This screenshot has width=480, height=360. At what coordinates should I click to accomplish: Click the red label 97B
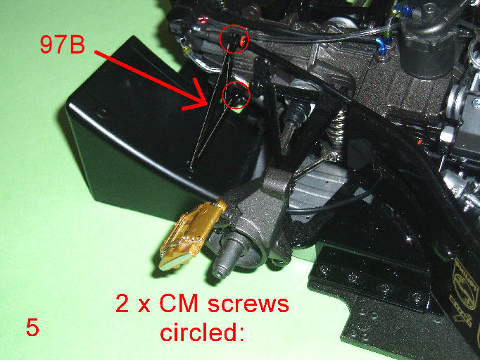point(62,44)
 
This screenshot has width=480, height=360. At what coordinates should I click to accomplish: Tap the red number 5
point(32,327)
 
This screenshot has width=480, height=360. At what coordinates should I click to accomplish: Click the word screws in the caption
point(248,304)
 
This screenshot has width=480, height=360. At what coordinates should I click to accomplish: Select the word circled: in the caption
point(203,332)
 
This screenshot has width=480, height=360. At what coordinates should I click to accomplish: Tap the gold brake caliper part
point(193,233)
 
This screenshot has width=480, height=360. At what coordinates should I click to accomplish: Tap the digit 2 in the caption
point(122,304)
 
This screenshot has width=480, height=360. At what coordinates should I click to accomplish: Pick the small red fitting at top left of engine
point(202,20)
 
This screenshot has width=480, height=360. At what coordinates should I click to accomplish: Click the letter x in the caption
point(144,306)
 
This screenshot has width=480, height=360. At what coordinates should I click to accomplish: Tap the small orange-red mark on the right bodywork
point(420,142)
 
